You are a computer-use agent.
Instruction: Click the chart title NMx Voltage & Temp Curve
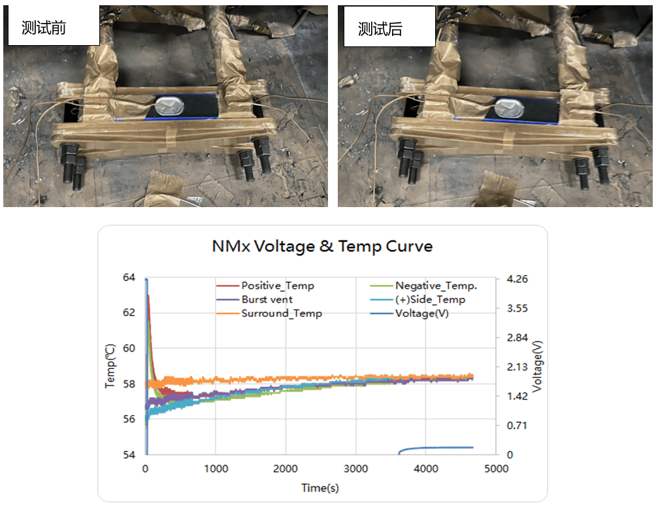pyautogui.click(x=322, y=246)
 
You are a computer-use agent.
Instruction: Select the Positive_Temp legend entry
pyautogui.click(x=277, y=285)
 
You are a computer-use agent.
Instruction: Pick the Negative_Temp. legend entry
pyautogui.click(x=436, y=285)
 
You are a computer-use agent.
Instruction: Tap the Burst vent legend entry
pyautogui.click(x=267, y=299)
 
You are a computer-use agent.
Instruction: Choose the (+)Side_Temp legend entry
pyautogui.click(x=430, y=299)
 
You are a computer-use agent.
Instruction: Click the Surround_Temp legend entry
pyautogui.click(x=281, y=313)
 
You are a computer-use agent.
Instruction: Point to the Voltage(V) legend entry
pyautogui.click(x=421, y=313)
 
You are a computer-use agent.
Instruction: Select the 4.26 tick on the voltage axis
pyautogui.click(x=517, y=279)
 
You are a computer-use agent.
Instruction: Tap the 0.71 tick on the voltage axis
pyautogui.click(x=517, y=425)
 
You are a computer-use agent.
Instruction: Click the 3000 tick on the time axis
pyautogui.click(x=356, y=468)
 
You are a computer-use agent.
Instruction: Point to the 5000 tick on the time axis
pyautogui.click(x=497, y=468)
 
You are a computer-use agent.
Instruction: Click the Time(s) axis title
pyautogui.click(x=320, y=487)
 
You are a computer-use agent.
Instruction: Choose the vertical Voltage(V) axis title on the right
pyautogui.click(x=537, y=367)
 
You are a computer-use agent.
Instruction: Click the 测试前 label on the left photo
pyautogui.click(x=44, y=29)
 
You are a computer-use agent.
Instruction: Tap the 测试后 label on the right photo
pyautogui.click(x=380, y=29)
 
